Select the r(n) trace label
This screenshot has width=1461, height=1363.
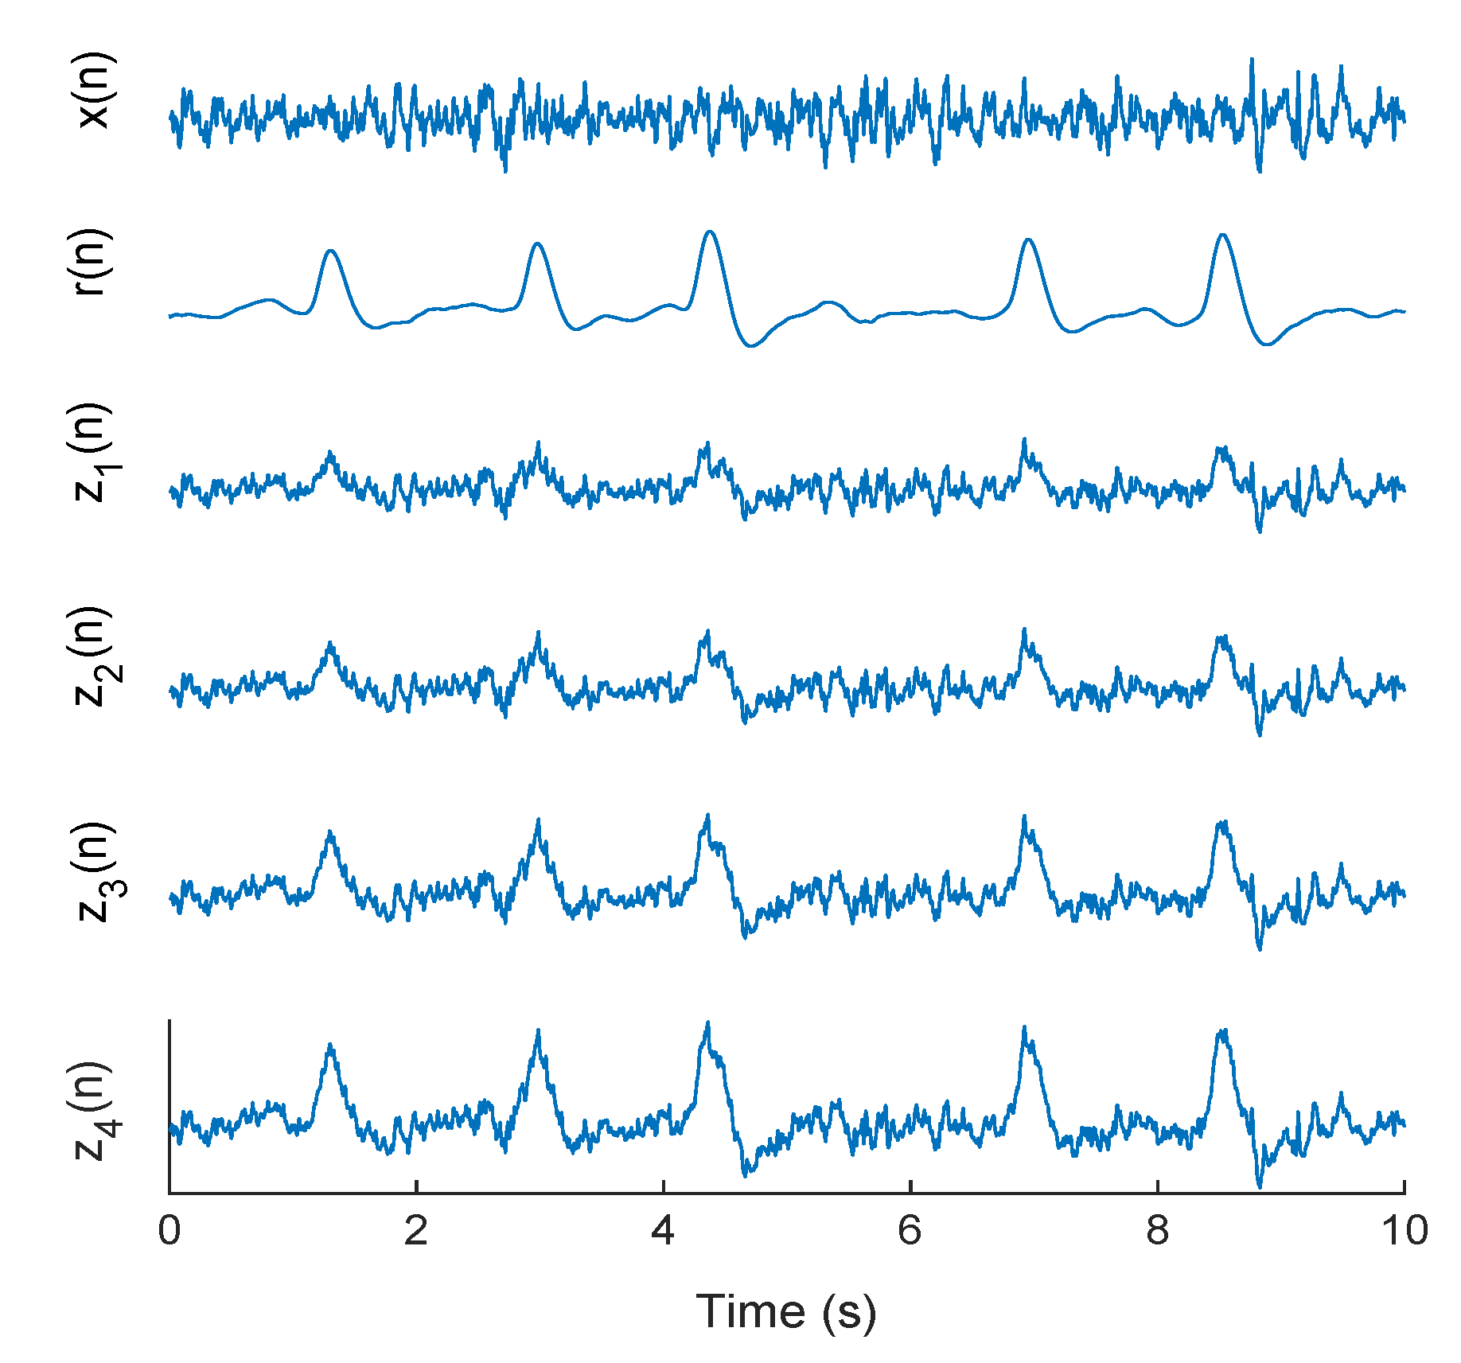click(89, 263)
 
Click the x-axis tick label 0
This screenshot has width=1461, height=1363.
click(169, 1230)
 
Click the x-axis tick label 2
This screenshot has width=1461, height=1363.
click(416, 1230)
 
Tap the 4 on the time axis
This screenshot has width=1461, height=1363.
click(663, 1230)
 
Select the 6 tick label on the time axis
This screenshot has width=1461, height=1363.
click(910, 1230)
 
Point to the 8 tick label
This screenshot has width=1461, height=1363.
click(1158, 1230)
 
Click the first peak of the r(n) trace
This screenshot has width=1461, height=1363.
click(331, 251)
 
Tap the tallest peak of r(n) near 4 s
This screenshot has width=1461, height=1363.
click(710, 232)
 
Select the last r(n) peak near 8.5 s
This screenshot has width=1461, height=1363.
click(1222, 235)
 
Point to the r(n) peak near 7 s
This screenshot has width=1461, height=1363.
click(1029, 239)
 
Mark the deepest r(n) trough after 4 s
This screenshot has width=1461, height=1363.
click(751, 346)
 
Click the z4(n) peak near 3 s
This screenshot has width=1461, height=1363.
click(539, 1031)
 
